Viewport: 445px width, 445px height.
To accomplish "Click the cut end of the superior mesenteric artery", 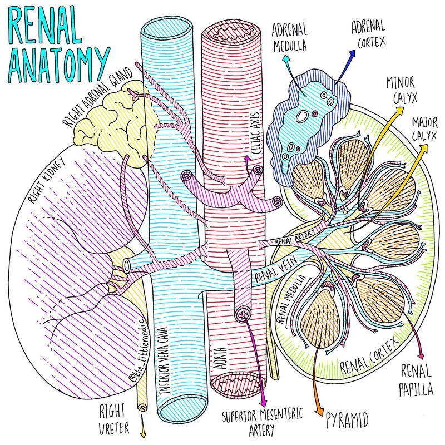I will (243, 314).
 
